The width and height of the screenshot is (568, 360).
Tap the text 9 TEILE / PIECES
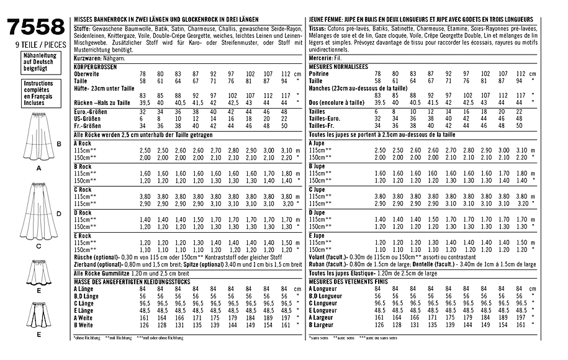coord(35,45)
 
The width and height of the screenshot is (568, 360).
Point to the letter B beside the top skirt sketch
coord(58,144)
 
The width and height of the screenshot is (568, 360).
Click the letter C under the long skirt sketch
coord(38,246)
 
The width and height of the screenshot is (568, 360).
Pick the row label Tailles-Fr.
coord(326,125)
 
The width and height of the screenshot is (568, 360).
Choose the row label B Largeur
coord(324,325)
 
